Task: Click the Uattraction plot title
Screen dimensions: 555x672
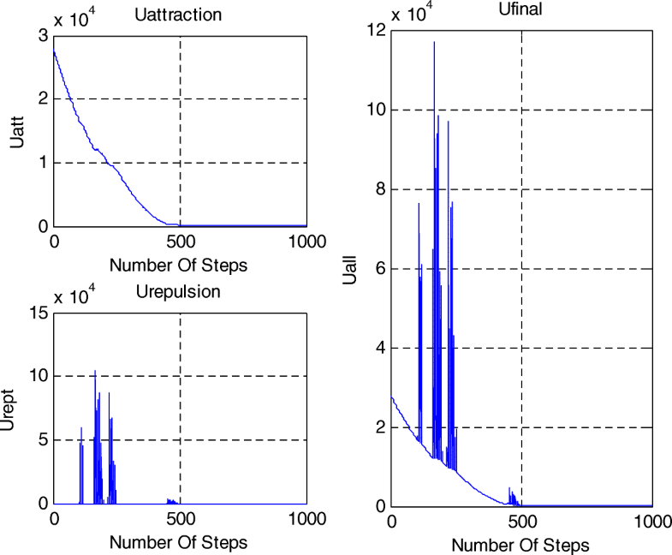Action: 179,15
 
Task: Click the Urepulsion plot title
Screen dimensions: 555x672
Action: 178,291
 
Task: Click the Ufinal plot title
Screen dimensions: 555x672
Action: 520,10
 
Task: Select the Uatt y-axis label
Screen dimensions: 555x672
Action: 18,131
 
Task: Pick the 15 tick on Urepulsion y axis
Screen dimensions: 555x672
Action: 38,313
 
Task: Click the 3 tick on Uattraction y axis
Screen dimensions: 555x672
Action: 42,35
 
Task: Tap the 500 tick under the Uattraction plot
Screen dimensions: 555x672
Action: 180,242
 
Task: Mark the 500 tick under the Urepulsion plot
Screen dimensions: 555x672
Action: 180,519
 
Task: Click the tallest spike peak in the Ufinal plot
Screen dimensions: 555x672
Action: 434,42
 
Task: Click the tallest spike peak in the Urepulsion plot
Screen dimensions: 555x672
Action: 95,371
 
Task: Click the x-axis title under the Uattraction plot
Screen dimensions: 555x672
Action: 179,265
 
